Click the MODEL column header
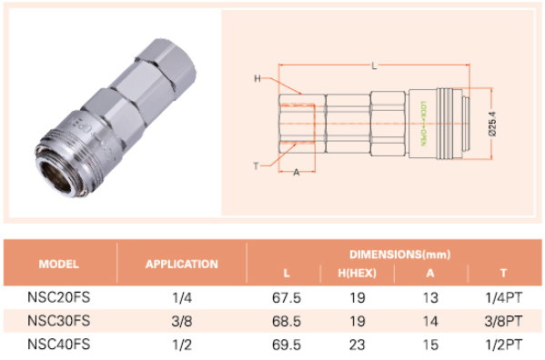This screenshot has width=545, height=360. [59, 265]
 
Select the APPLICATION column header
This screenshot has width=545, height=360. [182, 265]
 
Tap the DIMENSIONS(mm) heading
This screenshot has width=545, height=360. [399, 255]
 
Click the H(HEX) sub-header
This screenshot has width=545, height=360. [358, 274]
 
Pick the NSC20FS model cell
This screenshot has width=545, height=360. [59, 297]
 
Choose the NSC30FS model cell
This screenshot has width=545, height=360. [59, 321]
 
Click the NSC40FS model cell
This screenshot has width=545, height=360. [59, 344]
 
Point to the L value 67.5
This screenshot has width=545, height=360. [287, 298]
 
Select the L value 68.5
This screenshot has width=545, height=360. [287, 321]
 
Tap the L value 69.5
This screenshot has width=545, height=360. [287, 345]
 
